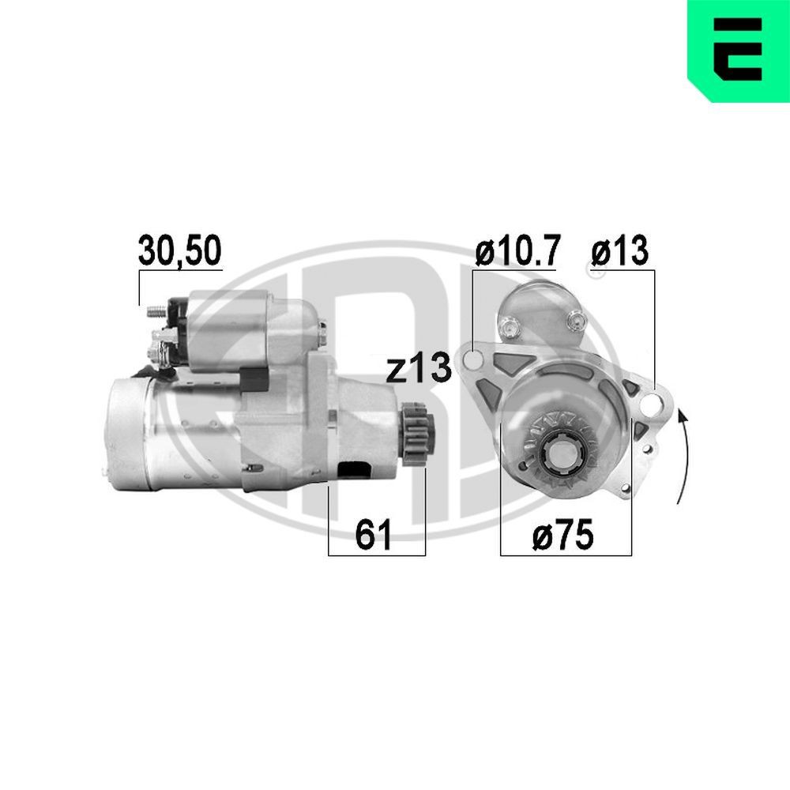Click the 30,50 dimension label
tap(180, 250)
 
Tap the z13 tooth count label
tap(418, 369)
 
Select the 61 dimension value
tap(374, 536)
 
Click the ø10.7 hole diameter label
tap(517, 250)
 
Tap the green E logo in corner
tap(739, 49)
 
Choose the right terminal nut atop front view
tap(574, 319)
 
